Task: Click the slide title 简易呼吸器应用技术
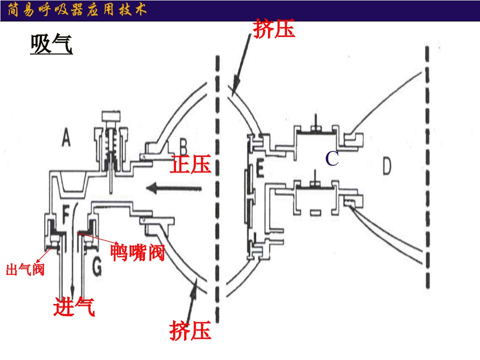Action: (77, 10)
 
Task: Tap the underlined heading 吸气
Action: (51, 44)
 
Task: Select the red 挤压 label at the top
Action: (274, 28)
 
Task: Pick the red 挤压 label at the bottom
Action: (190, 330)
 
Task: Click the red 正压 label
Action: (190, 164)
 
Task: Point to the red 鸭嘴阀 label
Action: (137, 252)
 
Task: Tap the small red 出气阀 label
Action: (25, 269)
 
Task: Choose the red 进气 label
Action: (74, 306)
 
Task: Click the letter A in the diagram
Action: (66, 137)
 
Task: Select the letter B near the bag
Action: (183, 146)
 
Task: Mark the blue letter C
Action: (332, 158)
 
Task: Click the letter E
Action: (259, 169)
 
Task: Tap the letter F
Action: (65, 214)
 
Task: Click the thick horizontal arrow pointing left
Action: (173, 188)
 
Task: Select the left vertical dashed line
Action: (217, 189)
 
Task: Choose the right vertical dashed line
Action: (427, 167)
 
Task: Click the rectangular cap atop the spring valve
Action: (111, 116)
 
